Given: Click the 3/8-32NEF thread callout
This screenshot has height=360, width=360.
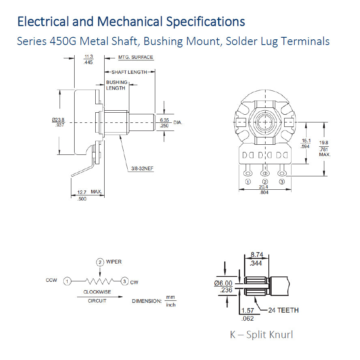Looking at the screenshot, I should coord(143,168).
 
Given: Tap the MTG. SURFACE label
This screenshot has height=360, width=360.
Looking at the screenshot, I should coord(135,57).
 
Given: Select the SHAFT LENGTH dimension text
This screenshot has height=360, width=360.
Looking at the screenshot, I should coord(129,72).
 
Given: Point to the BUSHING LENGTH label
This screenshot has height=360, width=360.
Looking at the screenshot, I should coord(116,85).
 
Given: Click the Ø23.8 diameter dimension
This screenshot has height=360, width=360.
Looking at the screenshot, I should coord(58,120).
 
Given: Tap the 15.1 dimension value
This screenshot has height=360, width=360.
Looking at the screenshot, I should coord(306,141).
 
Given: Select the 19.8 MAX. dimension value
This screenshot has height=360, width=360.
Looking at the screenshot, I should coord(324,143).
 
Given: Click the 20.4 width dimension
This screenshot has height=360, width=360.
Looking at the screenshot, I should coord(264,187).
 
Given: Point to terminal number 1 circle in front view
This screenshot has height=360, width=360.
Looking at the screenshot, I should coord(247,182).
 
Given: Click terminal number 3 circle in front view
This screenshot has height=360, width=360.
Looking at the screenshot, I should coord(282,182).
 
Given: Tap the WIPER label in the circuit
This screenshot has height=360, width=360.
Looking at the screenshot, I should coord(114,262).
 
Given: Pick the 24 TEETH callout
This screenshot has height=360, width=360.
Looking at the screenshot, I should coord(283,310).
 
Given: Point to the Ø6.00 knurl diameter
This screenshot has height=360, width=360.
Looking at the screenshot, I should coord(223,283).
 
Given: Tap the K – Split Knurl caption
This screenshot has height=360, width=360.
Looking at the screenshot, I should coord(261,334).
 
